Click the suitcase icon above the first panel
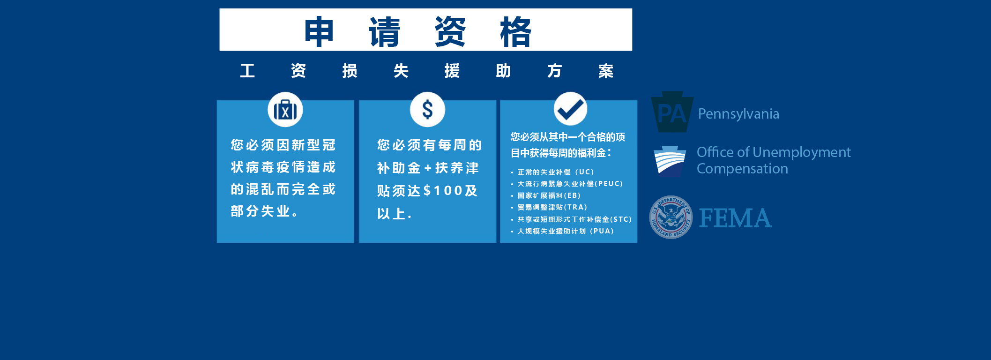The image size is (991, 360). [x=285, y=110]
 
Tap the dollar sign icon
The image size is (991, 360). [x=427, y=110]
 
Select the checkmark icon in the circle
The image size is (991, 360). [x=570, y=109]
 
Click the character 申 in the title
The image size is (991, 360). [x=319, y=31]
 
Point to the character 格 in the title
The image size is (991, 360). [x=515, y=31]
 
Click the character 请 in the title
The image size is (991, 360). [x=385, y=31]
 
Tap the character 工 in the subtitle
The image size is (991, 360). [x=247, y=71]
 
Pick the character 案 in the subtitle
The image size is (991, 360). [x=605, y=71]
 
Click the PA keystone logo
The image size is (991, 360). [x=672, y=112]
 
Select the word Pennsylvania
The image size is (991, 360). [x=738, y=114]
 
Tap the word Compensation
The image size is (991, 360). [x=742, y=169]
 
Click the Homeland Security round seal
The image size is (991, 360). [x=671, y=217]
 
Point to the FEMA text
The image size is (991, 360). [x=735, y=218]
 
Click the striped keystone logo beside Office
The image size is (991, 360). [x=670, y=161]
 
